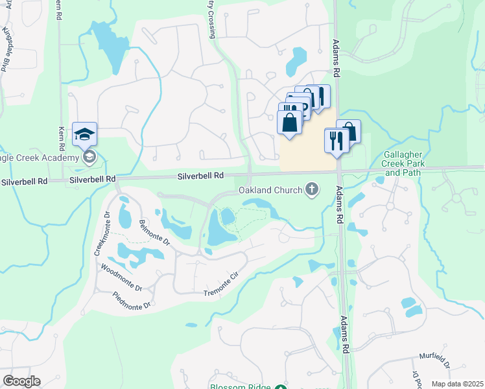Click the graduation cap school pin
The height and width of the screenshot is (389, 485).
tap(84, 134)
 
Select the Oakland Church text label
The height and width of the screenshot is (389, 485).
tap(270, 190)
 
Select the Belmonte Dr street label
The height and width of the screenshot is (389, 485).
tap(154, 233)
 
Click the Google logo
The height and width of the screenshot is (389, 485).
tap(21, 381)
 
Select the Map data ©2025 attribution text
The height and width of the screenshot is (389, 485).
tap(456, 384)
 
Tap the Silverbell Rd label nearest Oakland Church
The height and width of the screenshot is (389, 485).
tap(201, 176)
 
